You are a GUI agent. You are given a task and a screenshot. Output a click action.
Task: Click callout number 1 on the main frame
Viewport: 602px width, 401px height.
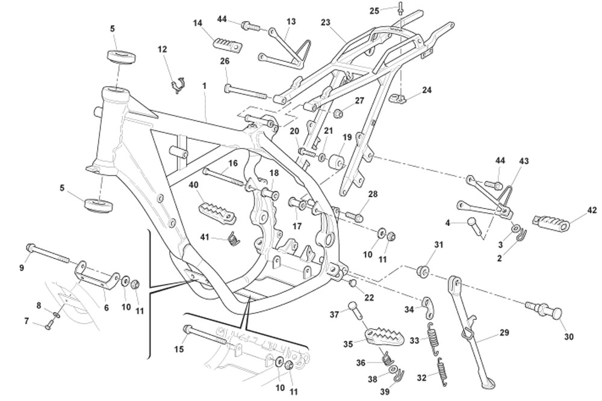point(204,86)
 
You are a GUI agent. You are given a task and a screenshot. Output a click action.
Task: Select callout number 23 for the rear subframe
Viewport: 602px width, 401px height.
point(326,23)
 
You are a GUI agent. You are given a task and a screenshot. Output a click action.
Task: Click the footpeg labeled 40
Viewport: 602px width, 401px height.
point(216,212)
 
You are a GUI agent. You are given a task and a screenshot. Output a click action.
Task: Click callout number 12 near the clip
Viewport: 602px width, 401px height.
point(163,49)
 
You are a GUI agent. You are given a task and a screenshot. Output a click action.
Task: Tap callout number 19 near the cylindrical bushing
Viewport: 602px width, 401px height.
point(347,137)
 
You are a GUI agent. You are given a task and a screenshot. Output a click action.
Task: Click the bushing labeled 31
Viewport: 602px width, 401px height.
point(423,271)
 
